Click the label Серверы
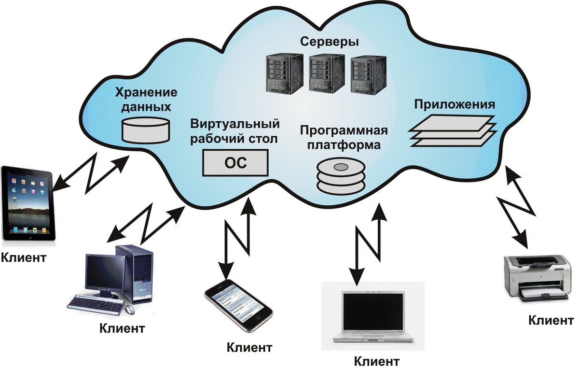coord(330,42)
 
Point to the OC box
coord(235,163)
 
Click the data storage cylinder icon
coord(146,128)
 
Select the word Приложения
coord(455,105)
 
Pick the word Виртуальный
coord(234,124)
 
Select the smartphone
coord(238,306)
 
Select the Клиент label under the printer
coord(551,320)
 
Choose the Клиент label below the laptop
coord(376,361)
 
